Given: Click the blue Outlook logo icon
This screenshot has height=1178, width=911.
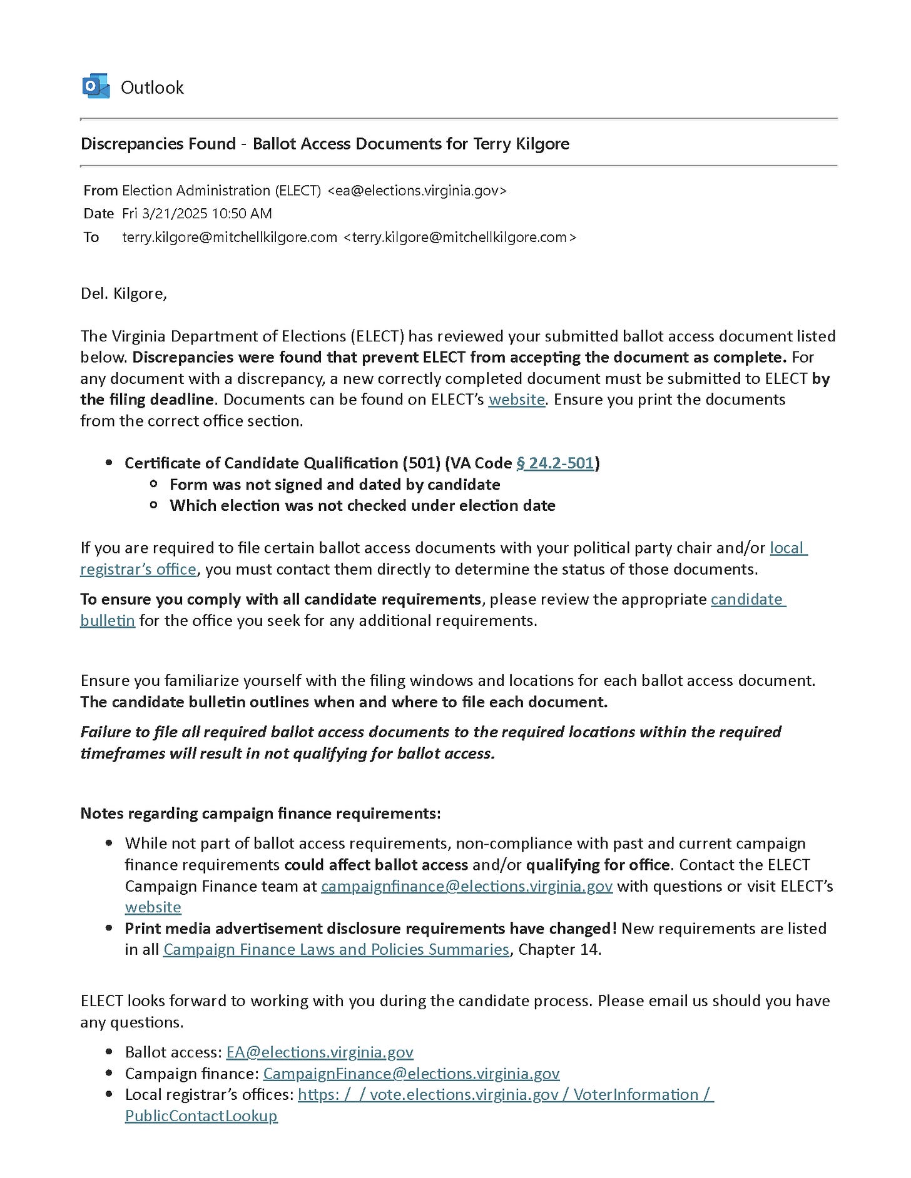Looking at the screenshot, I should click(x=96, y=86).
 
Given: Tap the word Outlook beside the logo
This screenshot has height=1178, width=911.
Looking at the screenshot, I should click(x=152, y=88).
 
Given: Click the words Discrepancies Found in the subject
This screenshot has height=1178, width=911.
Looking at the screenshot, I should click(x=158, y=144).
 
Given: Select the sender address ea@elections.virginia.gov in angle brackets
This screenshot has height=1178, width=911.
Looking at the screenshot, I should click(x=417, y=191).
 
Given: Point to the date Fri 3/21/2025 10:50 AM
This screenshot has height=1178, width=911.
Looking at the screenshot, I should click(x=197, y=214).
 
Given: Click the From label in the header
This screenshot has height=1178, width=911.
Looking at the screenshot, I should click(x=101, y=191).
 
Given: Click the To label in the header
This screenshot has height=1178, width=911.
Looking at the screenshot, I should click(x=91, y=238).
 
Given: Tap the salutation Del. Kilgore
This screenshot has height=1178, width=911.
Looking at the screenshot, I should click(x=124, y=293).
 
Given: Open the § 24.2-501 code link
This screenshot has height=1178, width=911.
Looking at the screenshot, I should click(x=555, y=463).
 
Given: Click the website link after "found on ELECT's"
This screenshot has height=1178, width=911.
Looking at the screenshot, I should click(x=517, y=400).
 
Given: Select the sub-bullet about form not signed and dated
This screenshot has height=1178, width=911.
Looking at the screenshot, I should click(x=335, y=485).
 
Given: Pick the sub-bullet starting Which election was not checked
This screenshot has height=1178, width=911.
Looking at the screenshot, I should click(x=362, y=506).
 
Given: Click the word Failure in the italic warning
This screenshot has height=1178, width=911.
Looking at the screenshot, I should click(x=107, y=732).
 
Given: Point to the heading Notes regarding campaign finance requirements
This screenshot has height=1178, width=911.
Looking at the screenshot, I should click(x=260, y=813).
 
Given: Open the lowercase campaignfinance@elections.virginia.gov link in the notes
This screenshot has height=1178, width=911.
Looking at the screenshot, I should click(x=467, y=887).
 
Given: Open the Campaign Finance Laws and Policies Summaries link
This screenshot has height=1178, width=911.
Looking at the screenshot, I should click(x=336, y=950).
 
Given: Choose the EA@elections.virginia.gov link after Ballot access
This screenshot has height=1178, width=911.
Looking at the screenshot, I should click(x=320, y=1052).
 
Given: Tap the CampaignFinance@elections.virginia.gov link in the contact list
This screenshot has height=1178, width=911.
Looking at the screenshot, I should click(x=411, y=1074).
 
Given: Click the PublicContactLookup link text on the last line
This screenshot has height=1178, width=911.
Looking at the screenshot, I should click(x=201, y=1116).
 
